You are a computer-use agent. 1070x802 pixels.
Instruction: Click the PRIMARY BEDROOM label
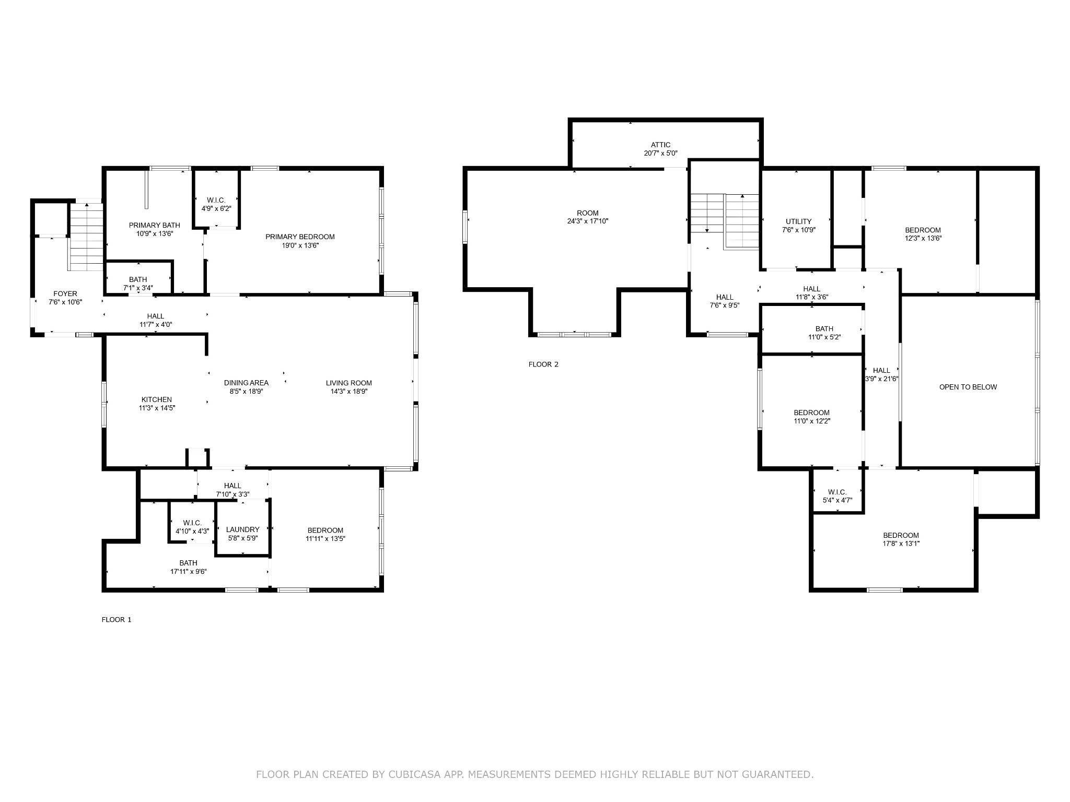point(300,237)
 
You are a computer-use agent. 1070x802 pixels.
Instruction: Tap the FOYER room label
point(65,294)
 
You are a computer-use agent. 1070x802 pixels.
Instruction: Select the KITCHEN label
point(157,399)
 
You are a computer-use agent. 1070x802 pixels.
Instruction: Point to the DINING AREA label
point(246,383)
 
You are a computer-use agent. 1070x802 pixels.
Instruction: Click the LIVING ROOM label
point(349,383)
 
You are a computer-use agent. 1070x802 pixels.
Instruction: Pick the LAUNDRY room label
point(243,529)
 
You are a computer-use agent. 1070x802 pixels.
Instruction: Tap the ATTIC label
point(660,145)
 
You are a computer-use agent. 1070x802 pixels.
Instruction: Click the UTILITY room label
point(799,221)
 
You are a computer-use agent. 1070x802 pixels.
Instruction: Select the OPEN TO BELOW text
point(968,387)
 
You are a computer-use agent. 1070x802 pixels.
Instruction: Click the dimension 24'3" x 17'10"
point(588,221)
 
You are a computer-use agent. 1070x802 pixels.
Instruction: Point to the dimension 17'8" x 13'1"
point(901,544)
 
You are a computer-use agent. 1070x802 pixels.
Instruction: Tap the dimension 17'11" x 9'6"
point(189,571)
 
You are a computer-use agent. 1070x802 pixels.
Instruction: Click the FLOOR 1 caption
point(117,620)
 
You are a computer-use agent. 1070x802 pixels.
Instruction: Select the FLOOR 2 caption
point(543,364)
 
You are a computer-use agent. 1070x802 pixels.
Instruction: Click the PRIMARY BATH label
point(155,225)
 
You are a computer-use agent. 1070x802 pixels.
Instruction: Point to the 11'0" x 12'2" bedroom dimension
point(812,421)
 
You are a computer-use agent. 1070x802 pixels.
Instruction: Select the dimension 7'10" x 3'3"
point(233,494)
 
